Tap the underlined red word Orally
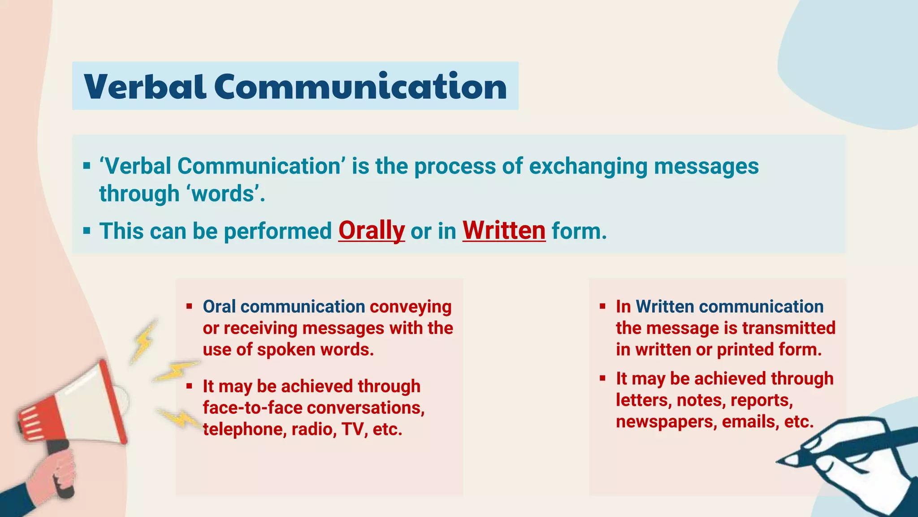click(371, 231)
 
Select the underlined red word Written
click(504, 231)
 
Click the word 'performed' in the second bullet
click(278, 232)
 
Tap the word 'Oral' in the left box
click(219, 307)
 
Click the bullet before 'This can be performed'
click(87, 232)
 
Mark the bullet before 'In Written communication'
click(602, 307)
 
